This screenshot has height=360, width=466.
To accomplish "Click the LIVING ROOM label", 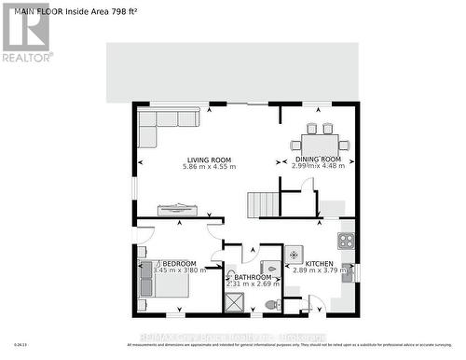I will click(210, 159).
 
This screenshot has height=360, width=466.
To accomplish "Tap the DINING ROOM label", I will click(319, 159).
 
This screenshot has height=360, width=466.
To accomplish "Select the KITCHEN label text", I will click(322, 265).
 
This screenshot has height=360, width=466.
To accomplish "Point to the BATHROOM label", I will click(253, 278).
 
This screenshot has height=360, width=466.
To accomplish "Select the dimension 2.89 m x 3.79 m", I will click(322, 274).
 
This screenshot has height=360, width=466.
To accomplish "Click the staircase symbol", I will click(262, 204).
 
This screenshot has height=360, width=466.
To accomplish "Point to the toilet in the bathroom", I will click(272, 305).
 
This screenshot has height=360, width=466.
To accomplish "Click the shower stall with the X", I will click(236, 301).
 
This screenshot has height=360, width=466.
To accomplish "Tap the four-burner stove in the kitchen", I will click(346, 241).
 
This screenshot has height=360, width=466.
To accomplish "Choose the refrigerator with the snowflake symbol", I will click(293, 254).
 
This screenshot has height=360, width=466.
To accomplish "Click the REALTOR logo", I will click(25, 33).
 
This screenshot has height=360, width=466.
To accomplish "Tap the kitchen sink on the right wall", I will click(347, 273).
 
